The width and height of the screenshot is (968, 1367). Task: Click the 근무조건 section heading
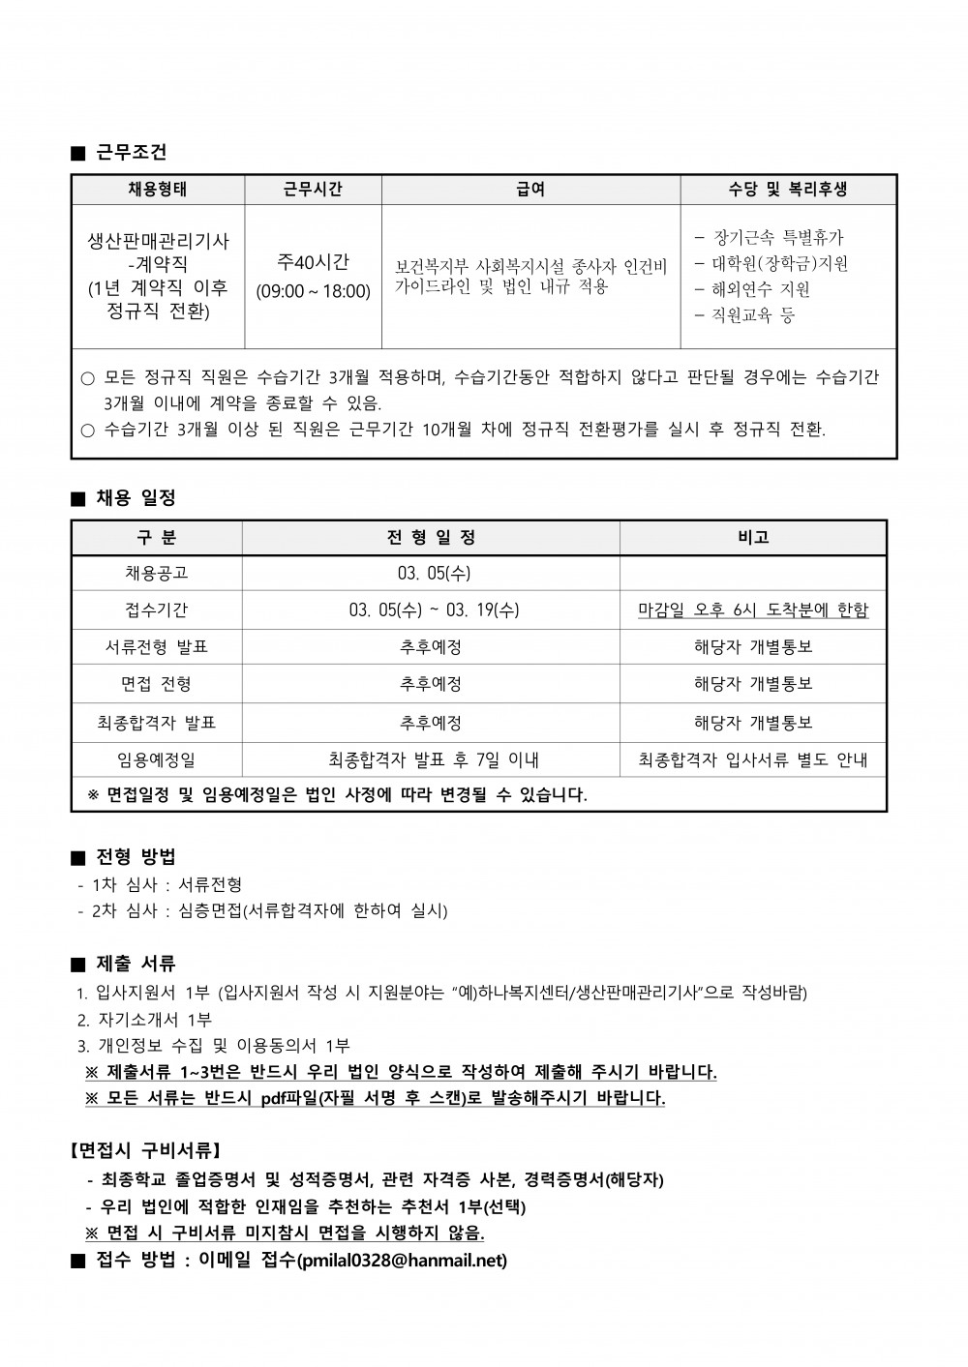click(x=132, y=152)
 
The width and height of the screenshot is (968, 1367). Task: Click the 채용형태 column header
click(x=158, y=190)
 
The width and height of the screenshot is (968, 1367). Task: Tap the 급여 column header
click(x=530, y=190)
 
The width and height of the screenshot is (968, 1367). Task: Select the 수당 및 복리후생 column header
click(x=788, y=190)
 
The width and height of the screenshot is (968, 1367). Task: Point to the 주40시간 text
click(x=313, y=261)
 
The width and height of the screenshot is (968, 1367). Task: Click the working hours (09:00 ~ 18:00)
click(x=313, y=291)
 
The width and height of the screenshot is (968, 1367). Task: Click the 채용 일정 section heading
click(x=136, y=498)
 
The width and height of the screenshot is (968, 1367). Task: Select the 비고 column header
click(x=753, y=537)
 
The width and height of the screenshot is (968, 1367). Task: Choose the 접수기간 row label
click(x=157, y=609)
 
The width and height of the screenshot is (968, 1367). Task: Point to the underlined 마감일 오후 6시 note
click(x=753, y=609)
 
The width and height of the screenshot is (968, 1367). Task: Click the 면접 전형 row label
click(x=157, y=684)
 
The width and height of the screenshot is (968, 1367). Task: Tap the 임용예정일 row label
click(x=157, y=760)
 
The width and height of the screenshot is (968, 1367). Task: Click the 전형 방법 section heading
click(x=136, y=856)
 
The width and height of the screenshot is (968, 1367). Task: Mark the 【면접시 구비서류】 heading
click(x=146, y=1151)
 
